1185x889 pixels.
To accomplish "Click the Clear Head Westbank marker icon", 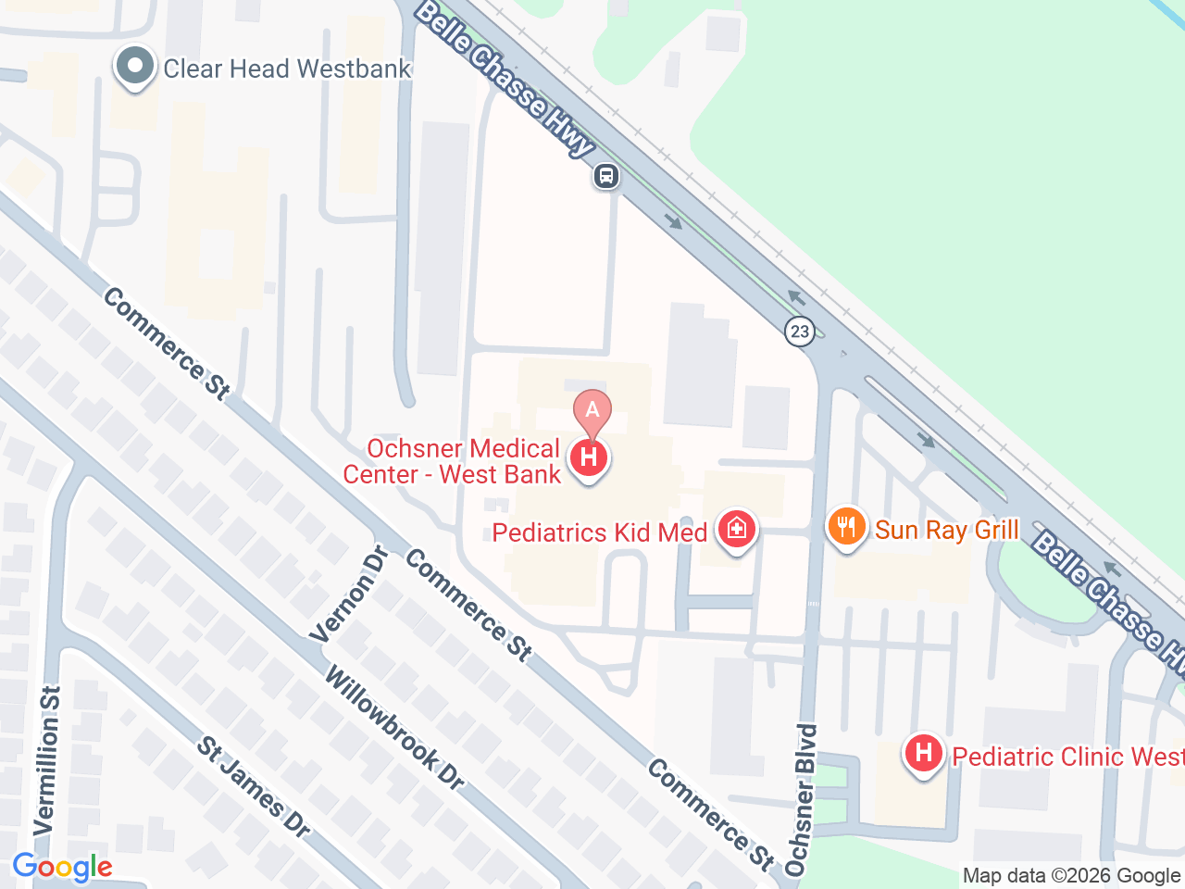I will pos(136,67).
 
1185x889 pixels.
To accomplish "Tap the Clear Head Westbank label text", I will pos(287,69).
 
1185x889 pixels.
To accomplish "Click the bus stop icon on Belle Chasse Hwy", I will pos(606,175).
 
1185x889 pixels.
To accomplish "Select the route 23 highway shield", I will pos(800,331).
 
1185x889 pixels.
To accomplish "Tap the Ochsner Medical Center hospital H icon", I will pos(589,457).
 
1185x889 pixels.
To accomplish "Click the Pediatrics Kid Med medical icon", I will pos(737,530).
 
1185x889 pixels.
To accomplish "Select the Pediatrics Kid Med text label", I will pos(600,532).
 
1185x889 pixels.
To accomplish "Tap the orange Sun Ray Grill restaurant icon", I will pos(846,528).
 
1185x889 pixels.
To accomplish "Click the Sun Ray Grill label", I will pos(946,530).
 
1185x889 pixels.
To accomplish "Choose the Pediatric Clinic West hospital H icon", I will pos(923,754).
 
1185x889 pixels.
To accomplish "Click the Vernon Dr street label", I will pos(351,595).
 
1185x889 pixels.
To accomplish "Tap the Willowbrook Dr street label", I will pos(393,729).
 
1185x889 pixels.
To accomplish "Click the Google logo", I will pos(62,868).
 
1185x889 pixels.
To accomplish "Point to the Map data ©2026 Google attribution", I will pos(1071,875).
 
